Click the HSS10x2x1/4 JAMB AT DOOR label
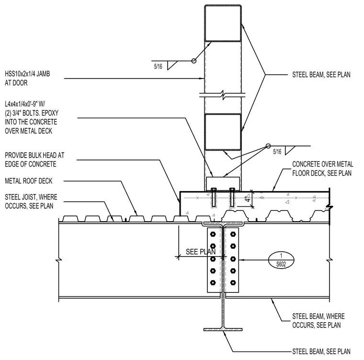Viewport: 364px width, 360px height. click(27, 78)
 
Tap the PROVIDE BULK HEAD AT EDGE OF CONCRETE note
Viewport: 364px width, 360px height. click(34, 159)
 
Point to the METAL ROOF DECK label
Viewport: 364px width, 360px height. click(29, 181)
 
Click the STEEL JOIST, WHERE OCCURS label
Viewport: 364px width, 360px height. click(31, 201)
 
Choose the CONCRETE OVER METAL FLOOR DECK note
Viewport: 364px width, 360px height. click(322, 169)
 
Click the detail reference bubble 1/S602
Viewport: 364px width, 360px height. click(281, 260)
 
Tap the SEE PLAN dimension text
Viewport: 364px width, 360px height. click(201, 252)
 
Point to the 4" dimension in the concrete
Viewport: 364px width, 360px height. click(248, 199)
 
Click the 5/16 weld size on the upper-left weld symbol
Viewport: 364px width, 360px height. click(158, 67)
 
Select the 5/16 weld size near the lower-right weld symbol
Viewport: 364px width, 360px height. click(277, 152)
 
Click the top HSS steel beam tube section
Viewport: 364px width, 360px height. click(223, 23)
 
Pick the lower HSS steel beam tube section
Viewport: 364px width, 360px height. click(223, 132)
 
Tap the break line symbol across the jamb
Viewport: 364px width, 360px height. click(222, 95)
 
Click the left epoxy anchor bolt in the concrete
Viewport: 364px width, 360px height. click(214, 198)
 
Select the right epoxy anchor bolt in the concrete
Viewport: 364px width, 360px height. click(232, 198)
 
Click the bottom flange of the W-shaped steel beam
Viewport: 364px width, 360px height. click(223, 329)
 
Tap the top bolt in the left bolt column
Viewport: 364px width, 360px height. click(213, 234)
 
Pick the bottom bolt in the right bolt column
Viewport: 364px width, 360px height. click(233, 283)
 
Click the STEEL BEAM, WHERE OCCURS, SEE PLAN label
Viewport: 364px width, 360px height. click(318, 321)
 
